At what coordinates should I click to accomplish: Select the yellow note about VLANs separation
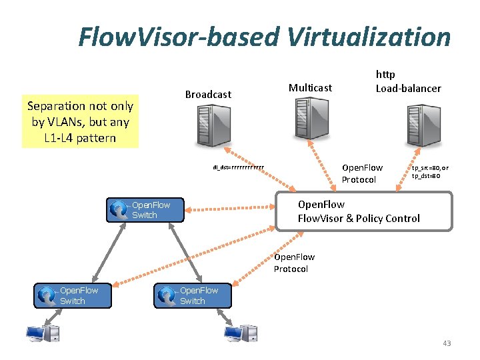(80, 122)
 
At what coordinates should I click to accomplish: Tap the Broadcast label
(208, 95)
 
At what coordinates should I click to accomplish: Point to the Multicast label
(310, 87)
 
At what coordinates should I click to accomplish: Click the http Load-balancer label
(408, 81)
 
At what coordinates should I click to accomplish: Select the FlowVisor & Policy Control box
(364, 211)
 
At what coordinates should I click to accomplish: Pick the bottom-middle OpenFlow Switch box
(193, 295)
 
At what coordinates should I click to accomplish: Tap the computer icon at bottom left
(42, 334)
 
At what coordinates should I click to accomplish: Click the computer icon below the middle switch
(240, 333)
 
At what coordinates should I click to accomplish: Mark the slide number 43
(446, 343)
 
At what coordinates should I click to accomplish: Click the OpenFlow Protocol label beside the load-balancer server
(362, 173)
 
